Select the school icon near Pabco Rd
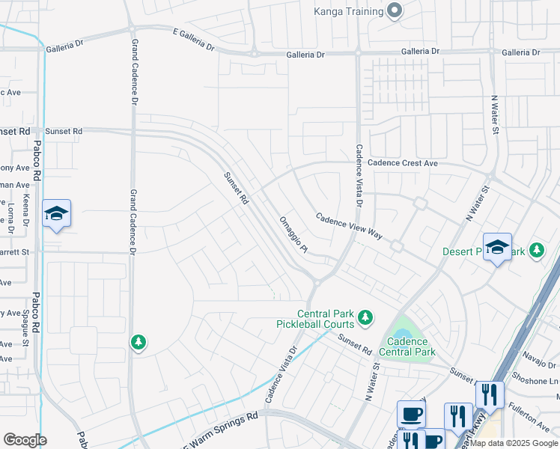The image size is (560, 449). pos(57,214)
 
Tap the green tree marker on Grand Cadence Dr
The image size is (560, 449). pos(138,343)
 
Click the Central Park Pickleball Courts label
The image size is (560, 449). pos(325,319)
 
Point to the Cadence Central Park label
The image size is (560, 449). pos(407,346)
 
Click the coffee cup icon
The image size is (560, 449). pos(411,414)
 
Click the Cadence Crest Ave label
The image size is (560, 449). pos(402,163)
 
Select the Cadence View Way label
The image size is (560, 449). pos(349,226)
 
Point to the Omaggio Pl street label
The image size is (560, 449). pos(293,234)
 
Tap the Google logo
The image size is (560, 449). pos(25,440)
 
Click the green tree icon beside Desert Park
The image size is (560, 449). pos(536,251)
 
